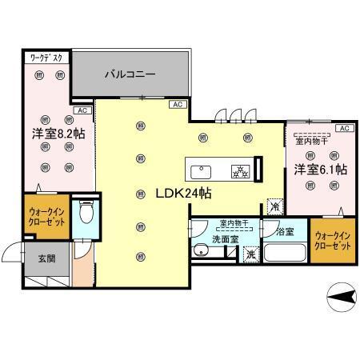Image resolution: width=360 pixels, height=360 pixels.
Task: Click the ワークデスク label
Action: point(46,58)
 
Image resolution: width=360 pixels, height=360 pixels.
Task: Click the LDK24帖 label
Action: point(172,194)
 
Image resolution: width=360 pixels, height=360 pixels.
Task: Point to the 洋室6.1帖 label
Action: point(319,169)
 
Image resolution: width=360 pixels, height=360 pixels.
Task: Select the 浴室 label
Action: point(285,232)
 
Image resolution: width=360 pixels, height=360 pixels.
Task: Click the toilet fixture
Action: point(86,214)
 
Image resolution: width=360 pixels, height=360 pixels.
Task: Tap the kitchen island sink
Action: point(201,170)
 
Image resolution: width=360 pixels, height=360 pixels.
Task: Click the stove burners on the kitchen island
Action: point(238,170)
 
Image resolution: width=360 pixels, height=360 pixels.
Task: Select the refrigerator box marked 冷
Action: point(274,206)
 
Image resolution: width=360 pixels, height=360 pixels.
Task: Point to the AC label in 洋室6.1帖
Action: point(343,128)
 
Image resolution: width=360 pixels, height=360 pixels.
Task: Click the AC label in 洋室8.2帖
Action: point(82,110)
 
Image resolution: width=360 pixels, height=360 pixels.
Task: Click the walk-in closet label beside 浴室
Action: point(333,241)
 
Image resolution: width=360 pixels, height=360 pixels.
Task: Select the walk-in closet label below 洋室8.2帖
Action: point(46,218)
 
